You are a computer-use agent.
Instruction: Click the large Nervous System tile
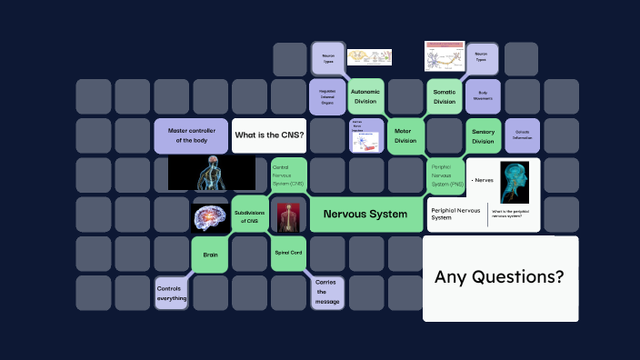[x=365, y=215]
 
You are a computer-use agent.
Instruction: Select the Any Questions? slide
[x=500, y=278]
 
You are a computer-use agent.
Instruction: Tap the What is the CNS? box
[x=269, y=135]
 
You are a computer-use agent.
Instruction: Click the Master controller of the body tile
[x=191, y=135]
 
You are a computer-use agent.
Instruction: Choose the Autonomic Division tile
[x=365, y=96]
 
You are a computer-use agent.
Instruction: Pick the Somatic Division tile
[x=445, y=96]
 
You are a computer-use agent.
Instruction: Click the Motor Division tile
[x=405, y=135]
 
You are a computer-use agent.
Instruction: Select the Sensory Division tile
[x=484, y=135]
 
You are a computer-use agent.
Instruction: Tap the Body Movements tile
[x=483, y=95]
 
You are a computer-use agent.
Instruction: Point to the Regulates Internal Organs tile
[x=326, y=96]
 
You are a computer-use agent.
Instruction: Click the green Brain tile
[x=210, y=255]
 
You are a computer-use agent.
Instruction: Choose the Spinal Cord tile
[x=288, y=253]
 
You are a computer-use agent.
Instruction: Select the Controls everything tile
[x=171, y=293]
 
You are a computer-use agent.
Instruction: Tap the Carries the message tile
[x=326, y=293]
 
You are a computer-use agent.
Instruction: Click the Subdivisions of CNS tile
[x=249, y=215]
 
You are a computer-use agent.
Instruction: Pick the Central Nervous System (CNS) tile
[x=288, y=175]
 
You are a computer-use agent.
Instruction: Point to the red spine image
[x=289, y=215]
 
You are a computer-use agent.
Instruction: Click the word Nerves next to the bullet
[x=484, y=180]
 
